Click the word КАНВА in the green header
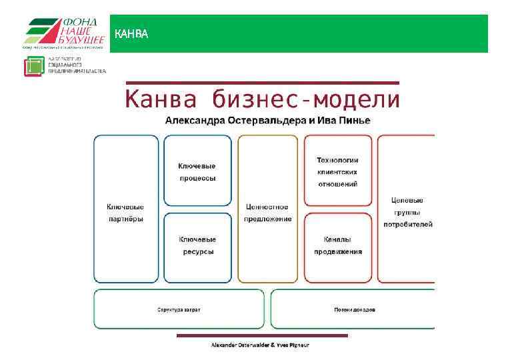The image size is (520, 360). click(x=131, y=34)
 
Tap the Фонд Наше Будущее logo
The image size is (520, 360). click(x=65, y=33)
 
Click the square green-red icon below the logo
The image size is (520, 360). click(x=34, y=67)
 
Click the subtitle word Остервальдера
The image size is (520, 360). click(x=252, y=120)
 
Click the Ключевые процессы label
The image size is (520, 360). click(x=197, y=172)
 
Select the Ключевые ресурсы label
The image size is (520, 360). click(x=197, y=245)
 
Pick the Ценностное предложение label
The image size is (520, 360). click(x=267, y=213)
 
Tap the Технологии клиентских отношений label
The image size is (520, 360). click(x=337, y=171)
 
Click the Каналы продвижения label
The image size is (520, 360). click(x=338, y=245)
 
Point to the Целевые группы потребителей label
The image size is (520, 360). click(x=407, y=212)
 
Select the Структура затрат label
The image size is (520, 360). click(x=179, y=310)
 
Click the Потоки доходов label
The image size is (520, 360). click(x=354, y=310)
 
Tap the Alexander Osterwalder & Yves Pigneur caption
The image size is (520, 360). click(x=260, y=345)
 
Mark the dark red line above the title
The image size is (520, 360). click(x=261, y=83)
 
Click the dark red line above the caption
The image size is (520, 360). click(x=261, y=335)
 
